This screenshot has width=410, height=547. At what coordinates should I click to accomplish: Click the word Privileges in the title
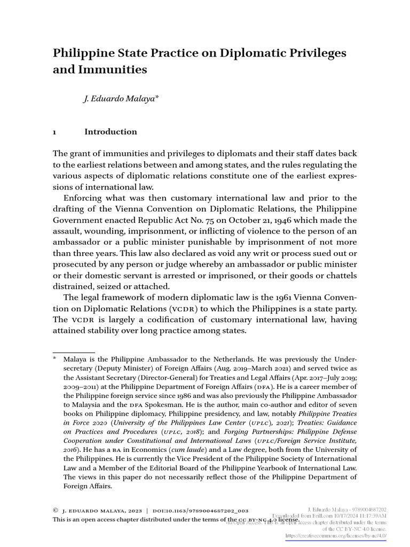pyautogui.click(x=308, y=53)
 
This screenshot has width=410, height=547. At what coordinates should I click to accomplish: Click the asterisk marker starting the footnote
pyautogui.click(x=54, y=361)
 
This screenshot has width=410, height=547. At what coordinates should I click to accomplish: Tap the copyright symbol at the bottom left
pyautogui.click(x=55, y=510)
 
